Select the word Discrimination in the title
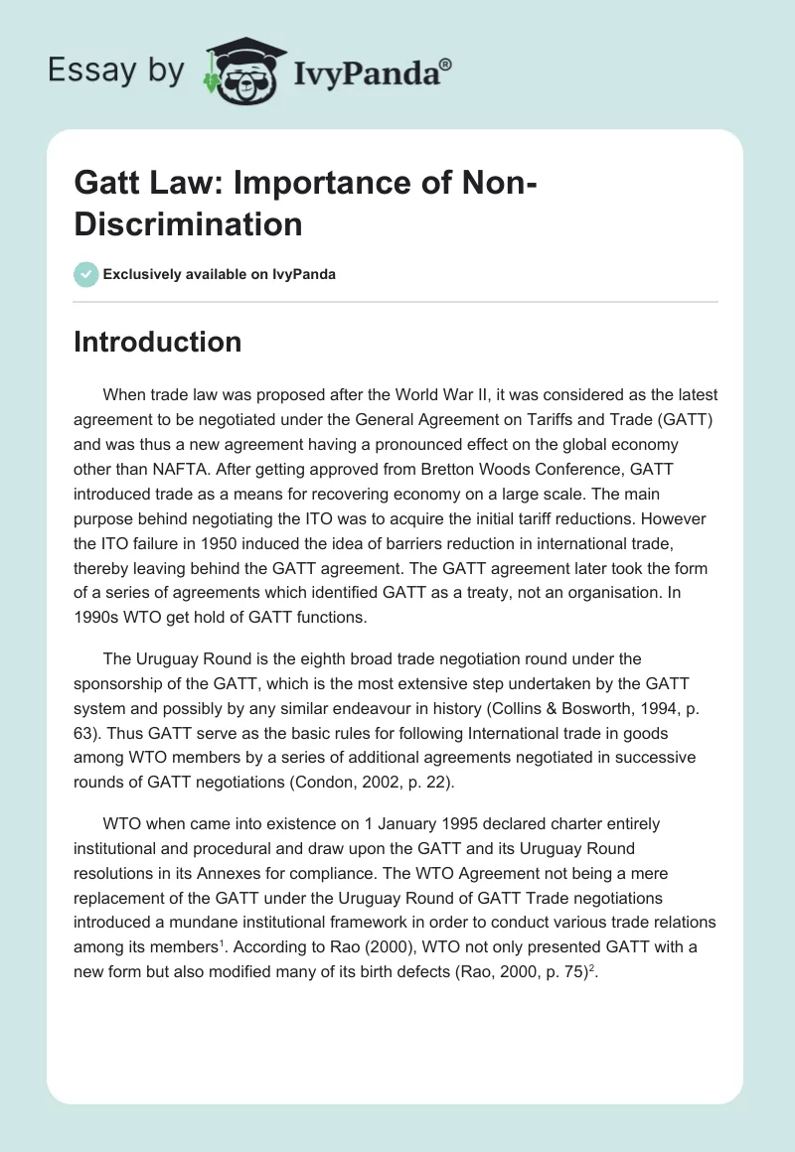[188, 223]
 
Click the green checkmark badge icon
[86, 274]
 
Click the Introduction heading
[158, 342]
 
